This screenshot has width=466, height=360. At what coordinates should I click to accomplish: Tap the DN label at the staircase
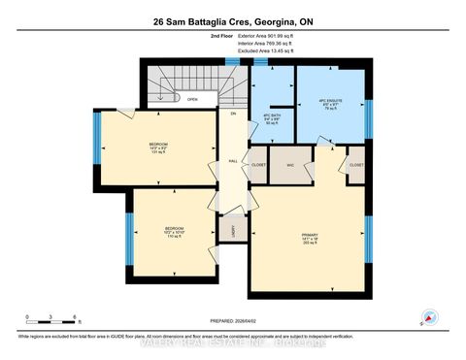[x=232, y=114]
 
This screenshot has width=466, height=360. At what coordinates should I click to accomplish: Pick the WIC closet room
[x=289, y=165]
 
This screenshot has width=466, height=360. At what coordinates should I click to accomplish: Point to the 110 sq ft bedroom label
[x=174, y=233]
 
